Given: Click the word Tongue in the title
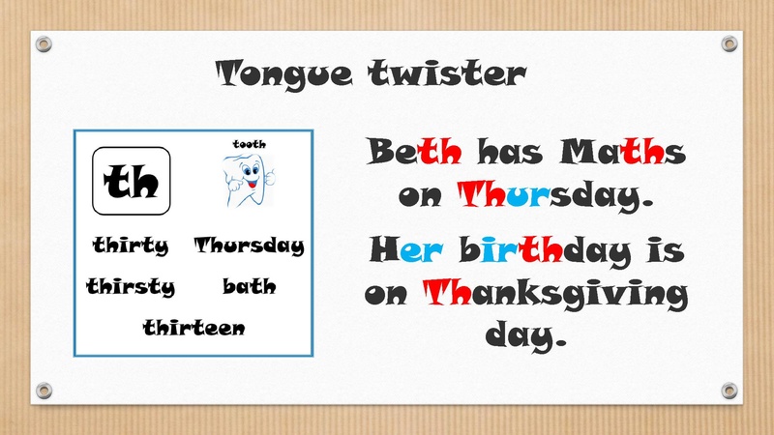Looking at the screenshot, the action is (x=283, y=74).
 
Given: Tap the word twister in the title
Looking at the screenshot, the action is (x=447, y=73).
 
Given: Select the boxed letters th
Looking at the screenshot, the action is (x=132, y=181).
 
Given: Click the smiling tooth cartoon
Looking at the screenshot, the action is (x=249, y=180).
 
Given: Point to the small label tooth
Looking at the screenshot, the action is (x=250, y=144).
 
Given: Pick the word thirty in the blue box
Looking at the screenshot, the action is (x=131, y=246).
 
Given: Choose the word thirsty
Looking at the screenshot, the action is (x=131, y=286).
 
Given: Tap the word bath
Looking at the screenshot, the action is (x=250, y=286).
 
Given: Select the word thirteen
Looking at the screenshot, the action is (x=194, y=328).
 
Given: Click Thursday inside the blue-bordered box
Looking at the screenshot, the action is (x=249, y=246).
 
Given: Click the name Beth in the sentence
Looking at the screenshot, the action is (x=414, y=151).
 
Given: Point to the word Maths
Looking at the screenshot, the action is (x=622, y=151).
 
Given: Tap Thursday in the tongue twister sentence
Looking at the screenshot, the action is (x=555, y=196).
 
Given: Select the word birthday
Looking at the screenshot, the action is (x=545, y=250).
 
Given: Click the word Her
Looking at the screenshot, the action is (x=405, y=249).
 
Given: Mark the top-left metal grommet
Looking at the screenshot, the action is (x=44, y=43).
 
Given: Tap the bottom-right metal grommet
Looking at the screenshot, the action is (x=729, y=391).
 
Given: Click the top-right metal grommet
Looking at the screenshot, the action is (x=729, y=43).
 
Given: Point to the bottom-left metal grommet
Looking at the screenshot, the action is (x=44, y=391).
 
